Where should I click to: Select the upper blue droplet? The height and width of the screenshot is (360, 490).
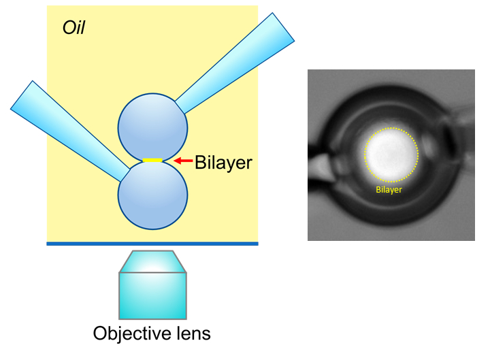152,127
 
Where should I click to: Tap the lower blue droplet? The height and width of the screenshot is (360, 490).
152,196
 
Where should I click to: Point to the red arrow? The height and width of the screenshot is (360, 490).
182,161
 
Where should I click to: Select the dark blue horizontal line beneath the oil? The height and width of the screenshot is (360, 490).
152,243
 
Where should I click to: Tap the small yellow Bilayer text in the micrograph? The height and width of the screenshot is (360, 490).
389,190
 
